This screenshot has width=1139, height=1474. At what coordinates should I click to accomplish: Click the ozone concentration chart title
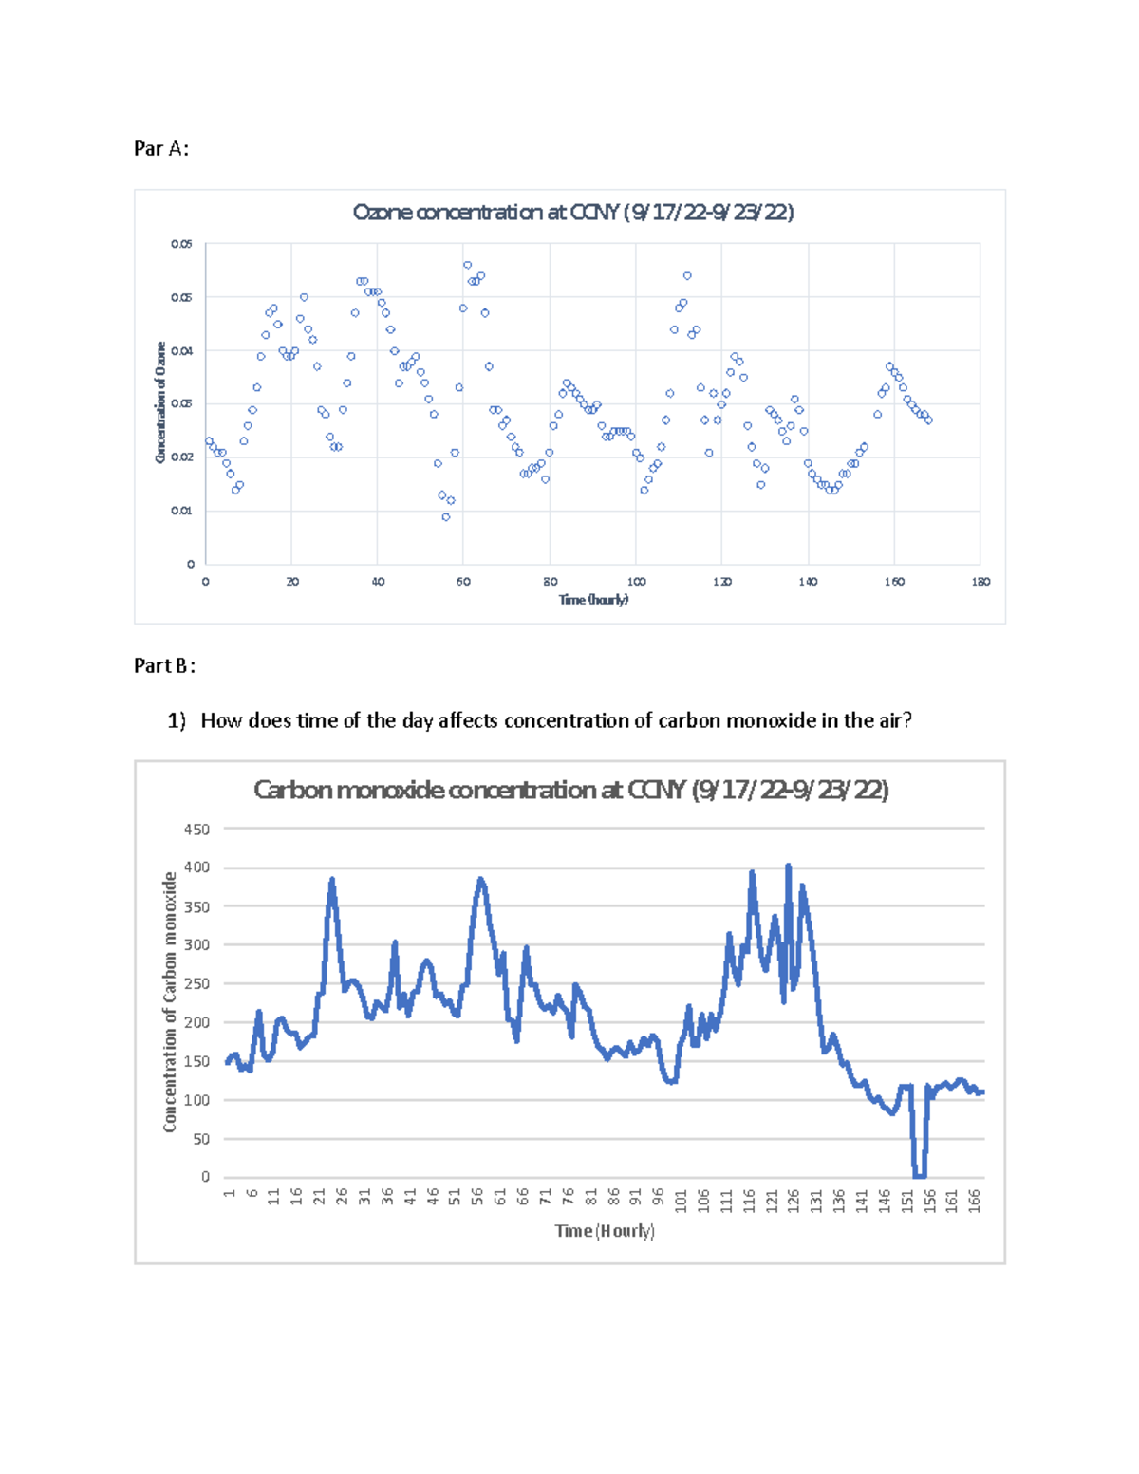coord(572,212)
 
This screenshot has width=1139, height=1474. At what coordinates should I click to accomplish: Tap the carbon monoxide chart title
coord(570,790)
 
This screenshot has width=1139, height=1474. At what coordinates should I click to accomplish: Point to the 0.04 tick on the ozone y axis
coord(181,351)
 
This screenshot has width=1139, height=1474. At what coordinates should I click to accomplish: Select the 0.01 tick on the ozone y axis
coord(181,511)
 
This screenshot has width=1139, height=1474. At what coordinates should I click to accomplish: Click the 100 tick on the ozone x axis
coord(636,582)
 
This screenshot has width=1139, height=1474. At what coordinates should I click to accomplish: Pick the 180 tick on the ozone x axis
coord(980,582)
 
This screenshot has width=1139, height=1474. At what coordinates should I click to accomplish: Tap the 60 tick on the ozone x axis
coord(463,582)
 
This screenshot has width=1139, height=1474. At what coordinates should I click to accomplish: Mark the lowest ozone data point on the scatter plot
coord(446,517)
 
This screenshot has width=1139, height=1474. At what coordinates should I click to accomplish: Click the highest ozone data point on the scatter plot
coord(467,265)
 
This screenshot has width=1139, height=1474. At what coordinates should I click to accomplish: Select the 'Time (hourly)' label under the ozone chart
coord(593,600)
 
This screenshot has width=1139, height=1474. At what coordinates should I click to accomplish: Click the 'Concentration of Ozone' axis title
coord(160,402)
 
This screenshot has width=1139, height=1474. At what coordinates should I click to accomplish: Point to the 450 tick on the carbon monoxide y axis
coord(196,830)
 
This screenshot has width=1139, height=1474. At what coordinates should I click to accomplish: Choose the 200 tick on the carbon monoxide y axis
coord(196,1023)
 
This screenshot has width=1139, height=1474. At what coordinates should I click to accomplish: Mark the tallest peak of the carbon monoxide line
coord(788,867)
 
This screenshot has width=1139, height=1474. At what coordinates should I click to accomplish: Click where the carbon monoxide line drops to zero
coord(919,1175)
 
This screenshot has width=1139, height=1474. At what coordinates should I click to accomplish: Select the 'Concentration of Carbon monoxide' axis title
coord(170,1002)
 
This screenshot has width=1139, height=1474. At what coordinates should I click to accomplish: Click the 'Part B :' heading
coord(164,665)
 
